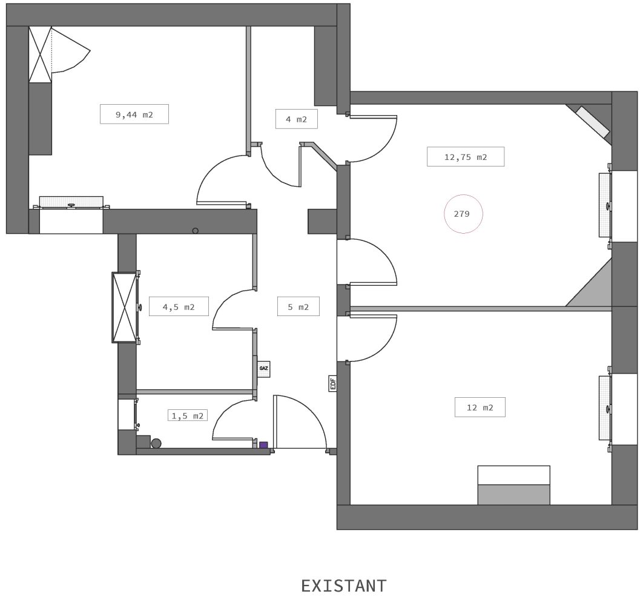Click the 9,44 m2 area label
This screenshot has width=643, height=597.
pos(134,114)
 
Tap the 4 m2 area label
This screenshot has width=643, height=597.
pos(296,119)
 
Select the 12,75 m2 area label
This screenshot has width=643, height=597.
pos(466,157)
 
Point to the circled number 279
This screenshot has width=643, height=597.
pos(463,214)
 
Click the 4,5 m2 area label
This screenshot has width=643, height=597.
pos(179,306)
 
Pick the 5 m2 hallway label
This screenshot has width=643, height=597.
pos(298,306)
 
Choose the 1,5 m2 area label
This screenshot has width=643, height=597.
pos(188,415)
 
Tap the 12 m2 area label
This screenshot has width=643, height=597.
pos(480,407)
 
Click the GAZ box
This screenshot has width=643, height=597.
pos(264,368)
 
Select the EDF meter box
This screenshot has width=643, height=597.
pos(333,383)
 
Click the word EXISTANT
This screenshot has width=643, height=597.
pos(344,585)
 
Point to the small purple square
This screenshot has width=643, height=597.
pos(263,445)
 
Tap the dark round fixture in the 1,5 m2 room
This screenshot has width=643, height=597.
pos(156,443)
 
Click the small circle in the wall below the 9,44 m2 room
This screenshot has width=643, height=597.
pos(195,231)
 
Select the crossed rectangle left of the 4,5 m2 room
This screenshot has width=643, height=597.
pos(124,307)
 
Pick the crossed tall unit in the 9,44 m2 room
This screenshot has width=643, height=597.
pos(40,54)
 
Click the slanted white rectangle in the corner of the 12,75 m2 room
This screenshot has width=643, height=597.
pos(592,122)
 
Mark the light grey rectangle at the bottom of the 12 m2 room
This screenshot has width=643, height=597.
pos(513,495)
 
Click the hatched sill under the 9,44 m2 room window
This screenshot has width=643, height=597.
pos(71,202)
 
